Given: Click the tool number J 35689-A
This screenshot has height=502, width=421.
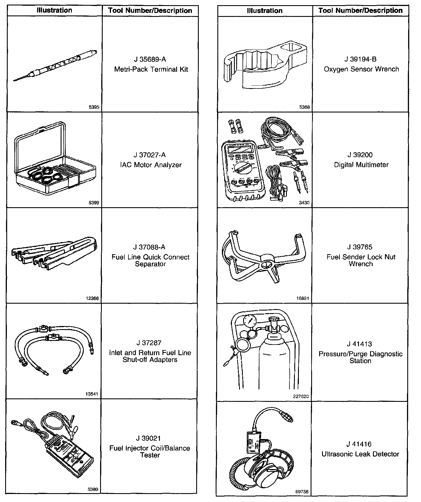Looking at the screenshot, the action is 150,60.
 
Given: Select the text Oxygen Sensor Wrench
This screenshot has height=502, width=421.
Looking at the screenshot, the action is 361,69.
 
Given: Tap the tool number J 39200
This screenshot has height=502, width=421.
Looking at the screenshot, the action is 360,155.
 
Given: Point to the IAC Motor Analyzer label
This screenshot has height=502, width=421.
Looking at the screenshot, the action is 150,165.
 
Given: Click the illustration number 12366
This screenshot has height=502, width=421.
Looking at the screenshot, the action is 92,299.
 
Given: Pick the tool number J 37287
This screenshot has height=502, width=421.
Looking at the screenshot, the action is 149,343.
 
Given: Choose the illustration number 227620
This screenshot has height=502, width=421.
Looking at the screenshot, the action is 301,397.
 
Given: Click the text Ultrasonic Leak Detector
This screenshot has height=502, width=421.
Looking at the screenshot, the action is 360,454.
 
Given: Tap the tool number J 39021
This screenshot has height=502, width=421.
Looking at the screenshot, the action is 149,438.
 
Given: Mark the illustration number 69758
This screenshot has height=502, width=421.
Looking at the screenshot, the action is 302,492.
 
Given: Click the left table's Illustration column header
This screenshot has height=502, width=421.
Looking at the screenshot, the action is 54,11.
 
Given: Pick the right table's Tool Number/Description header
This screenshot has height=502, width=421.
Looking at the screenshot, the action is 360,11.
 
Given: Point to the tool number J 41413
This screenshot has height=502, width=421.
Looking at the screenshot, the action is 360,344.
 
